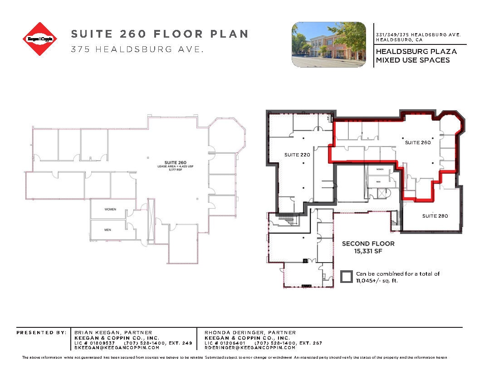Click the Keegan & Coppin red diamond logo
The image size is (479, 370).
click(x=40, y=39)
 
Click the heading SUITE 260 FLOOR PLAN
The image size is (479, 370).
click(x=160, y=34)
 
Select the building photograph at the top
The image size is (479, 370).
click(x=328, y=44)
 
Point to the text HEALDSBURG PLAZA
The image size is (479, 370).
click(x=416, y=52)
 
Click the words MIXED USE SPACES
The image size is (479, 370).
click(x=412, y=60)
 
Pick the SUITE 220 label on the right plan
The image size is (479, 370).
click(x=297, y=155)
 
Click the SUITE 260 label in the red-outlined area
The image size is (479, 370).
click(x=417, y=142)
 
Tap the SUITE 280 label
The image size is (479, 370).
click(x=435, y=216)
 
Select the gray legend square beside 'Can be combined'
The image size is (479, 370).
click(x=347, y=277)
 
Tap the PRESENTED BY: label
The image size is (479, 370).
click(x=41, y=333)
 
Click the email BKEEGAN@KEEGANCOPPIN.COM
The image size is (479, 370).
click(x=117, y=348)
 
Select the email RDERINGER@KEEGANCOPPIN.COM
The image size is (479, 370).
click(x=250, y=348)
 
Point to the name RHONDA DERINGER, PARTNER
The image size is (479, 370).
click(x=250, y=333)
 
